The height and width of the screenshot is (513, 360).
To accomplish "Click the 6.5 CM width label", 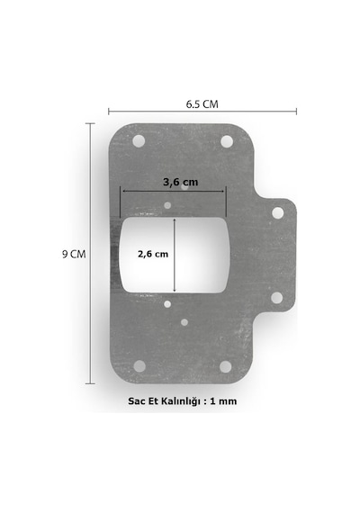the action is coord(202,104).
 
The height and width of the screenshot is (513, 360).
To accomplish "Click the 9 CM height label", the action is coord(74,254).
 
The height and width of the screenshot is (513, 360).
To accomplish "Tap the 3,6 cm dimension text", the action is coord(181,182).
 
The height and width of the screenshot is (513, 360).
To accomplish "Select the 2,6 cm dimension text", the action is coord(153,254).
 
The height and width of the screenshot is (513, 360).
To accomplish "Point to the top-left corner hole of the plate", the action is coord(139,141).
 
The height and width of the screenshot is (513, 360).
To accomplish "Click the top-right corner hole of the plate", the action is coord(227,141).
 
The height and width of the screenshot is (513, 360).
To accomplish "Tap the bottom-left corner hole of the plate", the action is coord(139,366).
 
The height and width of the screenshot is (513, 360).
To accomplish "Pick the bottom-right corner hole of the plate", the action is coord(226,366).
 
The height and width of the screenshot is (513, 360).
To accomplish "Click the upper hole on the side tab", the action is coord(278,212).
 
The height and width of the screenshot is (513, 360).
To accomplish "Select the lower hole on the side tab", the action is coord(277,298).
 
